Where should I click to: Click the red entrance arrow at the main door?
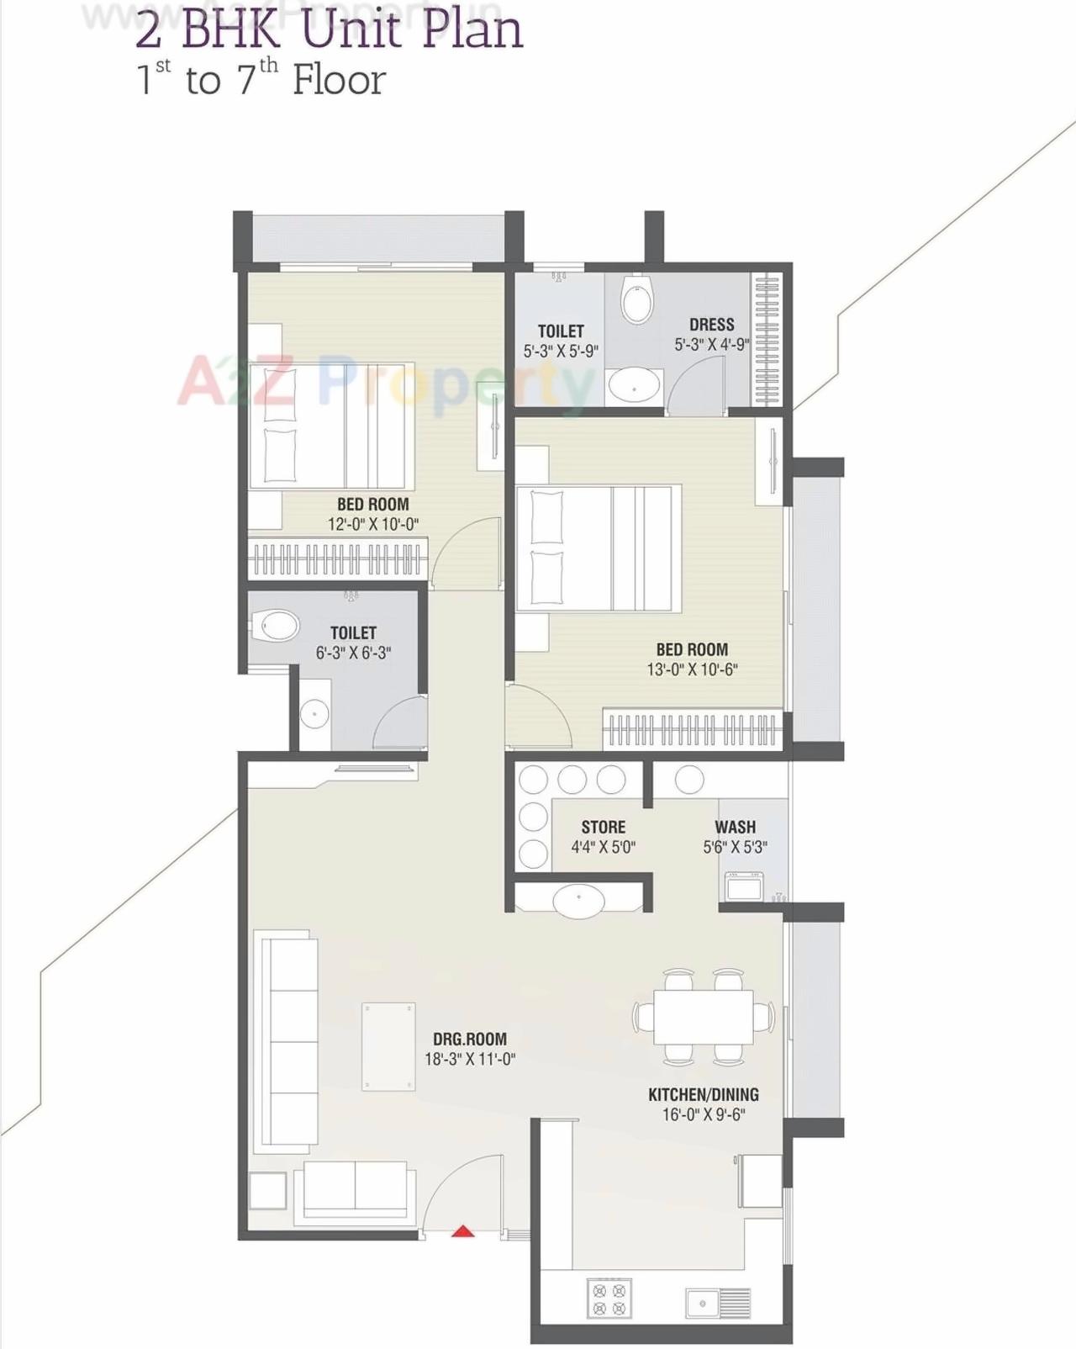[463, 1232]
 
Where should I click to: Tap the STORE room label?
[603, 827]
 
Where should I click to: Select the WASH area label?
[735, 827]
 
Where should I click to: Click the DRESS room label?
[711, 325]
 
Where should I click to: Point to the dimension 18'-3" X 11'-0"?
[469, 1060]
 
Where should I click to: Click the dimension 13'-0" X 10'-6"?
[692, 669]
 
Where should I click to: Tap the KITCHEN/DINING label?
[703, 1094]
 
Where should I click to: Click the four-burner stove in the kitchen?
[609, 1299]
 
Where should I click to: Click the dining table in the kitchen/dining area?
[704, 1017]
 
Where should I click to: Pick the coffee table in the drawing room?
[388, 1046]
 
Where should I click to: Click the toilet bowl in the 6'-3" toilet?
[278, 626]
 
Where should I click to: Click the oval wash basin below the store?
[578, 900]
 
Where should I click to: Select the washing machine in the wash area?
[744, 886]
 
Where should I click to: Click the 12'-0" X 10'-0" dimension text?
[372, 524]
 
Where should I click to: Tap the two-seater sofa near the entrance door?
[356, 1186]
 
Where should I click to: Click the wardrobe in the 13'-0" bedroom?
[691, 729]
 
